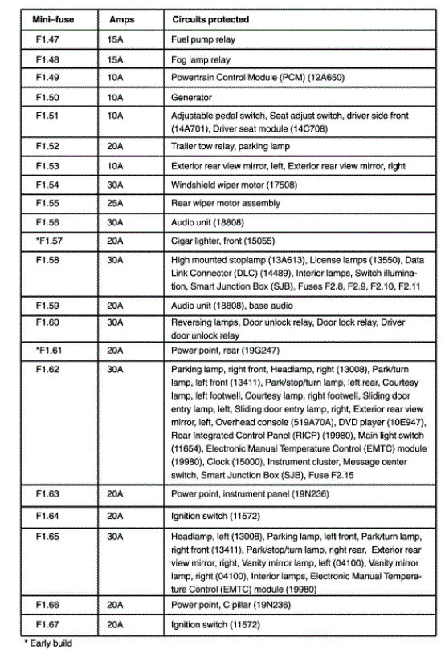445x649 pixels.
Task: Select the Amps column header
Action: point(121,18)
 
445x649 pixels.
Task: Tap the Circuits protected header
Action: point(210,18)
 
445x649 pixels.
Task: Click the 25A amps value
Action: point(115,203)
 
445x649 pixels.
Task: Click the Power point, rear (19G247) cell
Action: point(219,351)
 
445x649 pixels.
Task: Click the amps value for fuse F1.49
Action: point(115,78)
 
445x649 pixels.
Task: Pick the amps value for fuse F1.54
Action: point(115,185)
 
